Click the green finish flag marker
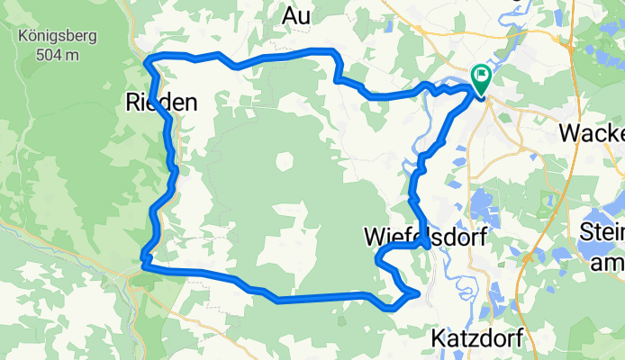click(x=480, y=79)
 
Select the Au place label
click(x=296, y=15)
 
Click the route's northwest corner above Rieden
click(x=149, y=59)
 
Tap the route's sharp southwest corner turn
click(x=143, y=264)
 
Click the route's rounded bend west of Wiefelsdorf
click(x=378, y=259)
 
